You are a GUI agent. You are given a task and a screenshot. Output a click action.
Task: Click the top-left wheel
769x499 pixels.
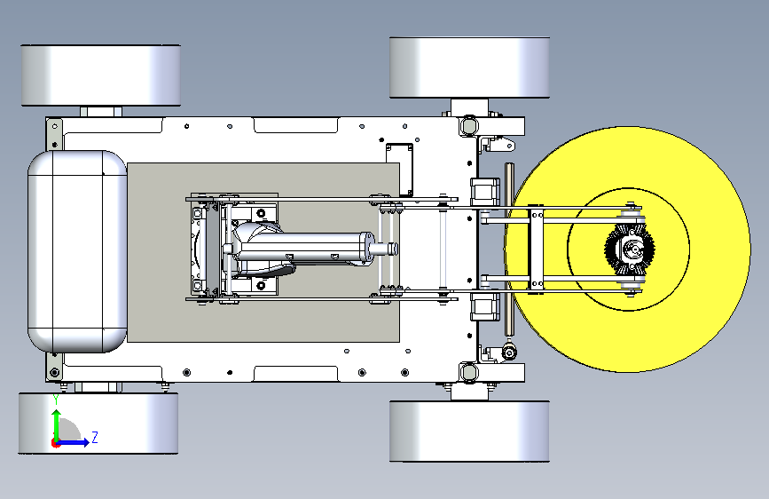(x=100, y=75)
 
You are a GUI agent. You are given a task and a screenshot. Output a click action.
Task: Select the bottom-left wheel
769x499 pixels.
(x=98, y=423)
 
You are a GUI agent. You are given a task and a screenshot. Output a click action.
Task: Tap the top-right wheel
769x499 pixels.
(x=469, y=67)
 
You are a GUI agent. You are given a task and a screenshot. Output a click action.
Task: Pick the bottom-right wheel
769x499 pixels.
(x=469, y=432)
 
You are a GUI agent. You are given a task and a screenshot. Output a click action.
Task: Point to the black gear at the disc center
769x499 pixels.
(x=630, y=249)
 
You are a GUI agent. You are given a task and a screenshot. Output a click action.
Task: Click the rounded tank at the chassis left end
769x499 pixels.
(x=77, y=251)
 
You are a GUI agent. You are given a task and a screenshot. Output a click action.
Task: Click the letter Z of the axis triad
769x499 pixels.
(x=95, y=437)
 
